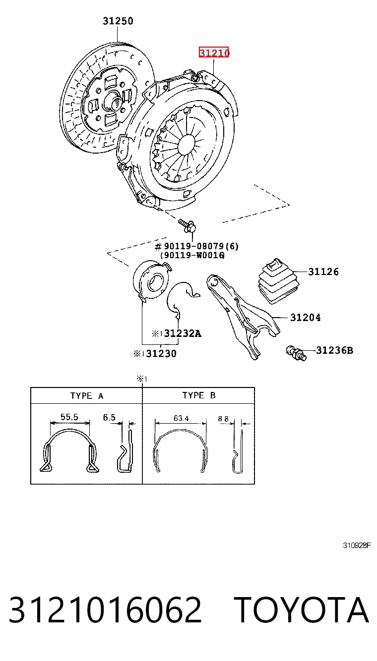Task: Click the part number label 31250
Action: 118,21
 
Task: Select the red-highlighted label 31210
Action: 214,53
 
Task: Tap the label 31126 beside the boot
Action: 323,272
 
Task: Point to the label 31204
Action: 305,318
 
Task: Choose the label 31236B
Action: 334,350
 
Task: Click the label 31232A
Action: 183,333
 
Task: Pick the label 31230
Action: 161,353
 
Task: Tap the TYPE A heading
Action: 87,396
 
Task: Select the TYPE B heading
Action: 199,395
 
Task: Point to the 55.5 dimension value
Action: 69,417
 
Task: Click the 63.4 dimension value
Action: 181,418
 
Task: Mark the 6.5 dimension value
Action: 109,417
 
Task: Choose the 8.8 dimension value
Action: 223,419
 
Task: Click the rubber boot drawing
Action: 278,281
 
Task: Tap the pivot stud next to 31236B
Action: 296,353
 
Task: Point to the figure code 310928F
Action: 357,546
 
